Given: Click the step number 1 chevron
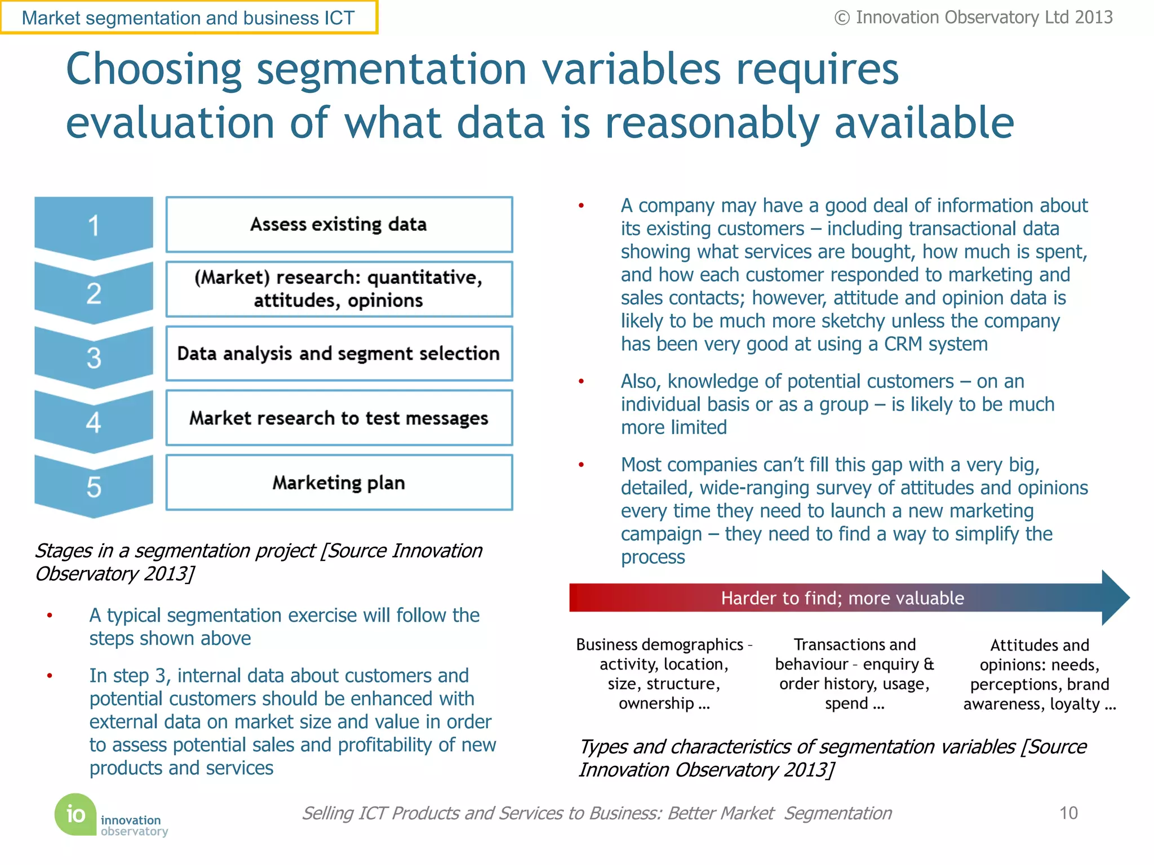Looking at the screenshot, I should coord(94,226).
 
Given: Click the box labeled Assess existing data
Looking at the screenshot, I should coord(339,224).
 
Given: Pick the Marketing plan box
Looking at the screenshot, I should coord(339,483).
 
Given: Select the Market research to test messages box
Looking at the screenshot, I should coord(339,418).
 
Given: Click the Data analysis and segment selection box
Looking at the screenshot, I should coord(339,353).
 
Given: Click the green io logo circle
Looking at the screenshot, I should coord(76,814).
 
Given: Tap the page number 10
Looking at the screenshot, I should coord(1068,813).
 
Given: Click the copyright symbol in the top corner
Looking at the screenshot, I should coord(842,18).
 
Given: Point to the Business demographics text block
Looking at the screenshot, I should coord(664,674).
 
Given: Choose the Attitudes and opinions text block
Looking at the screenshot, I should coord(1040,674).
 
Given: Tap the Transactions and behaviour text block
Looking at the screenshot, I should coord(854,674).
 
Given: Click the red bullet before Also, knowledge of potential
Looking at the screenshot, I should coord(581,382).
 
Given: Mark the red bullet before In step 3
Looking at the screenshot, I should coord(50,676).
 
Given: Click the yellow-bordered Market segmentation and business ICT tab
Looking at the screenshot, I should coord(188,18).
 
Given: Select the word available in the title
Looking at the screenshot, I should coord(924,123).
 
